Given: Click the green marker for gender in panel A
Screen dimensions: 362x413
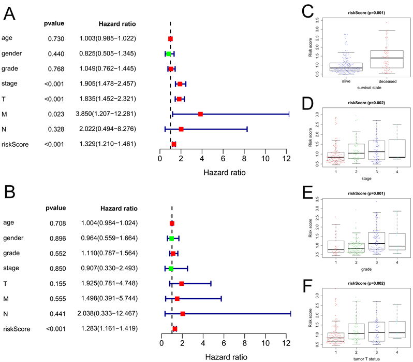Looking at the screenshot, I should tap(169, 53).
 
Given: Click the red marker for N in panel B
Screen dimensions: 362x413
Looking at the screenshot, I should tap(183, 314).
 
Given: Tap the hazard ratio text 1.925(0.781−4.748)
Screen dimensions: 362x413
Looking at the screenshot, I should tap(108, 284).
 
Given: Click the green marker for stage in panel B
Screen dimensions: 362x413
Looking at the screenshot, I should tap(171, 269).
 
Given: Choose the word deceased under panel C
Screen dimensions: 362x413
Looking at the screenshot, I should tap(387, 81).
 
